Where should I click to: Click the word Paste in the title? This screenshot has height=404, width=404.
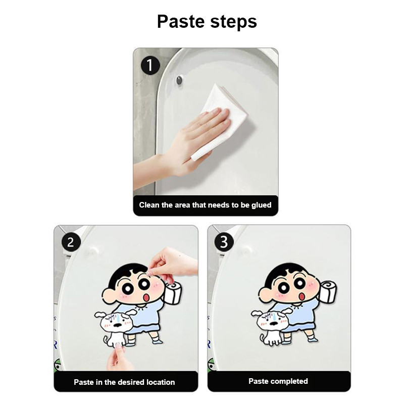(181, 21)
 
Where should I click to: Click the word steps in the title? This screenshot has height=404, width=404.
(233, 22)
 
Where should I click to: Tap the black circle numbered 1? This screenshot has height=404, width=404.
(150, 66)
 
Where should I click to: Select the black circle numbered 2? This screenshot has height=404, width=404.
(71, 242)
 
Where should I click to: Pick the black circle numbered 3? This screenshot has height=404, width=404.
(224, 242)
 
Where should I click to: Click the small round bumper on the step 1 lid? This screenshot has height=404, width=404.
(179, 80)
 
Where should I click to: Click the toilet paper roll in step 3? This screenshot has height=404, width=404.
(328, 292)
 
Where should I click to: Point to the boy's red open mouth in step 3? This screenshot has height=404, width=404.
(301, 296)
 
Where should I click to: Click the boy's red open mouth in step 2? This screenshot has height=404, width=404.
(146, 297)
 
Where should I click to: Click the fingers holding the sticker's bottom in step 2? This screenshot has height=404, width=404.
(117, 355)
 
